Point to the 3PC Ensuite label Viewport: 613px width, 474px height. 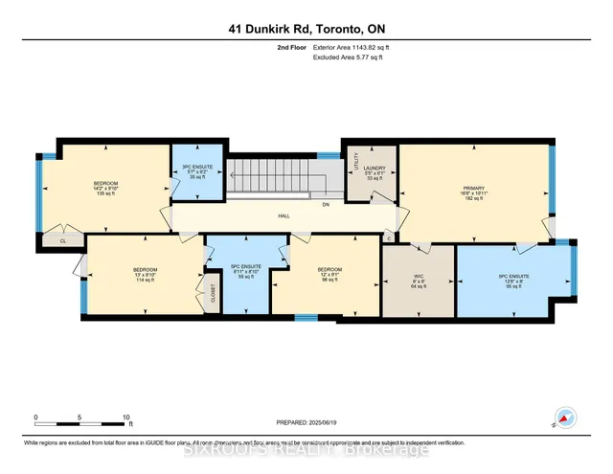[x=196, y=169]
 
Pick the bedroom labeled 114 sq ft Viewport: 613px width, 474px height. [x=145, y=275]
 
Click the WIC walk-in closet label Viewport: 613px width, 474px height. [x=418, y=279]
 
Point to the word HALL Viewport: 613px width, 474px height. [x=284, y=216]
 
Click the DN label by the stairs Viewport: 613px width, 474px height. [x=326, y=204]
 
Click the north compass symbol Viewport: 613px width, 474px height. [x=566, y=418]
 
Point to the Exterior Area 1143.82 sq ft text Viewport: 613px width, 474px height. [x=352, y=47]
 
